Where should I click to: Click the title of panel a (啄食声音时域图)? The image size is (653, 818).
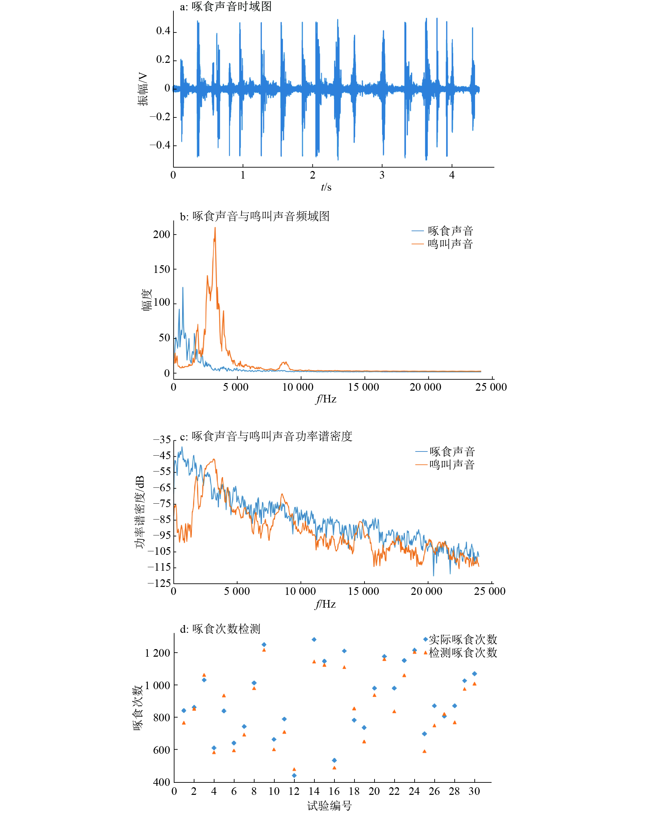coord(226,7)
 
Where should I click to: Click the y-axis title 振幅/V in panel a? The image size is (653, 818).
coord(143,89)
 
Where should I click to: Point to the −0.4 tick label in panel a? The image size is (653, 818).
coord(160,145)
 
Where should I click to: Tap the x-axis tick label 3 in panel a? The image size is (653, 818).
coord(382,175)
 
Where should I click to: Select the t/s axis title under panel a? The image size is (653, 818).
coord(326,188)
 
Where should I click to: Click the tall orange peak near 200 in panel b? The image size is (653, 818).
coord(215,229)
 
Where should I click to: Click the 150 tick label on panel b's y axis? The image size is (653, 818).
coord(162,269)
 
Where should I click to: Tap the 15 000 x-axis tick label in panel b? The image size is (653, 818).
coord(363,387)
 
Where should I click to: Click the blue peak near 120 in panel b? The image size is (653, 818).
coord(183,288)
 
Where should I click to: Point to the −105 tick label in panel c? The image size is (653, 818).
coord(159,551)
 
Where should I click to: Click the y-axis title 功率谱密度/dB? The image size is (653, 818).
coord(140,512)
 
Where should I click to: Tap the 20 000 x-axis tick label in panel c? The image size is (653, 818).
coord(426,591)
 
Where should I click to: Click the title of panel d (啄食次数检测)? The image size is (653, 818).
coord(220,629)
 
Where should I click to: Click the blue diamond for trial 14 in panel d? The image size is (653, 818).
coord(314,639)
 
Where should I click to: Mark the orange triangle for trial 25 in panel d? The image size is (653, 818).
coord(424,751)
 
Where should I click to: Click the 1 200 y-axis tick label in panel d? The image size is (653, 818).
coord(158,653)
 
